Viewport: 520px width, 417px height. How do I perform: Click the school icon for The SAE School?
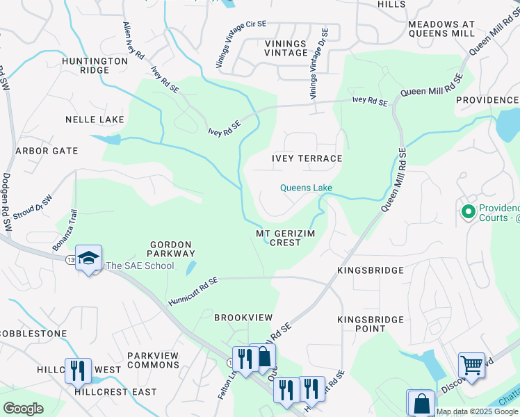tap(88, 259)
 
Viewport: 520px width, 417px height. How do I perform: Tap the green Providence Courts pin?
tap(468, 210)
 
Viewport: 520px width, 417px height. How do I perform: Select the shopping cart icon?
tap(471, 365)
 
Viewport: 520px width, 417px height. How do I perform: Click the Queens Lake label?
tap(306, 188)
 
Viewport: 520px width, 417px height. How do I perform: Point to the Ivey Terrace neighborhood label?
tap(307, 158)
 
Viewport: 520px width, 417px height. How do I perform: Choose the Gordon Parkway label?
tap(171, 249)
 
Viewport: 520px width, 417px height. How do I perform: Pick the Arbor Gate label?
tap(47, 150)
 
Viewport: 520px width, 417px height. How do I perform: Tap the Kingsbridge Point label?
tap(371, 324)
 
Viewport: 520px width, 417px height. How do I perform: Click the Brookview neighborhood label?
tap(243, 317)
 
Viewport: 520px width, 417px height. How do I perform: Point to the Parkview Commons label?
tap(153, 360)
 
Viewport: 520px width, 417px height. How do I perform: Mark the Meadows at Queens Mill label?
tap(441, 28)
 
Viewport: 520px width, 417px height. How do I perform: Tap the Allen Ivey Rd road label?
tap(133, 40)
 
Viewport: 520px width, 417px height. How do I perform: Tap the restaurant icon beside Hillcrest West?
tap(77, 370)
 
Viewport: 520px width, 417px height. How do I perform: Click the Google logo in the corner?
tap(23, 409)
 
